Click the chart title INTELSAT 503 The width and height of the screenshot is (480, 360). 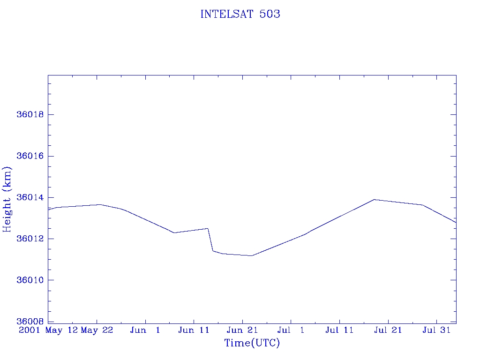pyautogui.click(x=240, y=14)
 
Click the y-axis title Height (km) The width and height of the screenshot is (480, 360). pyautogui.click(x=7, y=199)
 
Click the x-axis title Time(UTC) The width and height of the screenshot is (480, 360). pyautogui.click(x=252, y=343)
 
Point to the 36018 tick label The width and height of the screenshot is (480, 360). pyautogui.click(x=30, y=114)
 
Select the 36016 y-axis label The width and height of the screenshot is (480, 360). pyautogui.click(x=30, y=156)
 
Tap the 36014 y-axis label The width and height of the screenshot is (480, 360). pyautogui.click(x=30, y=197)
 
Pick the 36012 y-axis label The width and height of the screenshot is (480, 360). pyautogui.click(x=30, y=239)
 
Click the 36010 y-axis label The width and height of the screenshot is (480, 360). pyautogui.click(x=30, y=280)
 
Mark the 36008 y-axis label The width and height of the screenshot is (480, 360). pyautogui.click(x=30, y=322)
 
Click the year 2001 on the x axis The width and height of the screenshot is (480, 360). pyautogui.click(x=30, y=330)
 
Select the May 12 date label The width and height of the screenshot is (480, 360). pyautogui.click(x=61, y=330)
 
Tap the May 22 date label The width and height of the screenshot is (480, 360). pyautogui.click(x=97, y=330)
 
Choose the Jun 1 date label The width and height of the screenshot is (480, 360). pyautogui.click(x=145, y=330)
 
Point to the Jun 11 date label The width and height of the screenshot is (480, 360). pyautogui.click(x=194, y=330)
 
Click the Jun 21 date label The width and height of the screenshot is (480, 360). pyautogui.click(x=242, y=330)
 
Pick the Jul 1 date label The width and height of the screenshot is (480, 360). pyautogui.click(x=291, y=330)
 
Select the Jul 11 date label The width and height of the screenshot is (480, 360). pyautogui.click(x=339, y=330)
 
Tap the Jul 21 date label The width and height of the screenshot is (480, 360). pyautogui.click(x=388, y=330)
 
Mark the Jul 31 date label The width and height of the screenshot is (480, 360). pyautogui.click(x=436, y=330)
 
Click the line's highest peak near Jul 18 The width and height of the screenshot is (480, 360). pyautogui.click(x=375, y=200)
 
